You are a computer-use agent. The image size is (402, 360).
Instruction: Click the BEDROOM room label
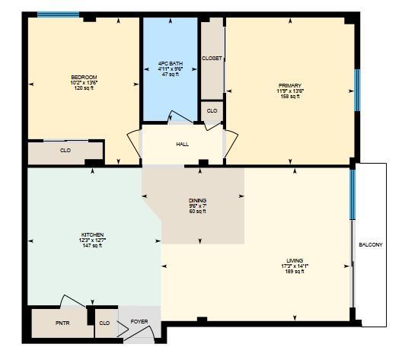point(84,77)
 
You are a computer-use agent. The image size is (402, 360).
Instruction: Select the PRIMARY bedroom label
point(290,84)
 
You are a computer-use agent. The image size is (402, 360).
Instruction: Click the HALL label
point(182,144)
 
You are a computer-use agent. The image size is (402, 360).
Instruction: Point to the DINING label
point(198,200)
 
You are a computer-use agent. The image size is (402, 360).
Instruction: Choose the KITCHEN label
point(93,234)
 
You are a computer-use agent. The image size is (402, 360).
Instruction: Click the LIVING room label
point(294,260)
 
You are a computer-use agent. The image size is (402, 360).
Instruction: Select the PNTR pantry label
point(62,323)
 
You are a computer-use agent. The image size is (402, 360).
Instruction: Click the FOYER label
point(139,321)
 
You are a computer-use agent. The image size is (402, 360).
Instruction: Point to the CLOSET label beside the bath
point(212,58)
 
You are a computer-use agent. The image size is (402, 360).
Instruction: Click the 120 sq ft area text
point(84,88)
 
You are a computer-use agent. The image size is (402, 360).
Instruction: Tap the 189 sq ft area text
point(294,272)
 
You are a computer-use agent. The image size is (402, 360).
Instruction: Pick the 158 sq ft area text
point(290,96)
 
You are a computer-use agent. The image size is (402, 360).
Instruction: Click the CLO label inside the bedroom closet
point(65,151)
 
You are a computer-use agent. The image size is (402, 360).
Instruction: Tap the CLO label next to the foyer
point(104,323)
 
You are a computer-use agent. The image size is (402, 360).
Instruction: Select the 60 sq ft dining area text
point(198,212)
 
